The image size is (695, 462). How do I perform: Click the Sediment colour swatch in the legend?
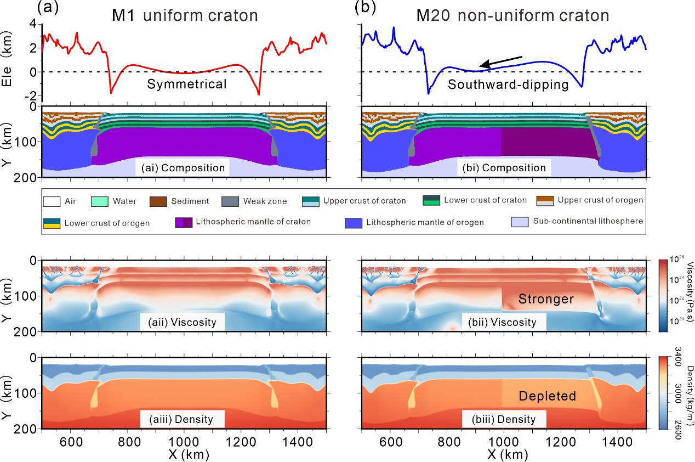point(158,201)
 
